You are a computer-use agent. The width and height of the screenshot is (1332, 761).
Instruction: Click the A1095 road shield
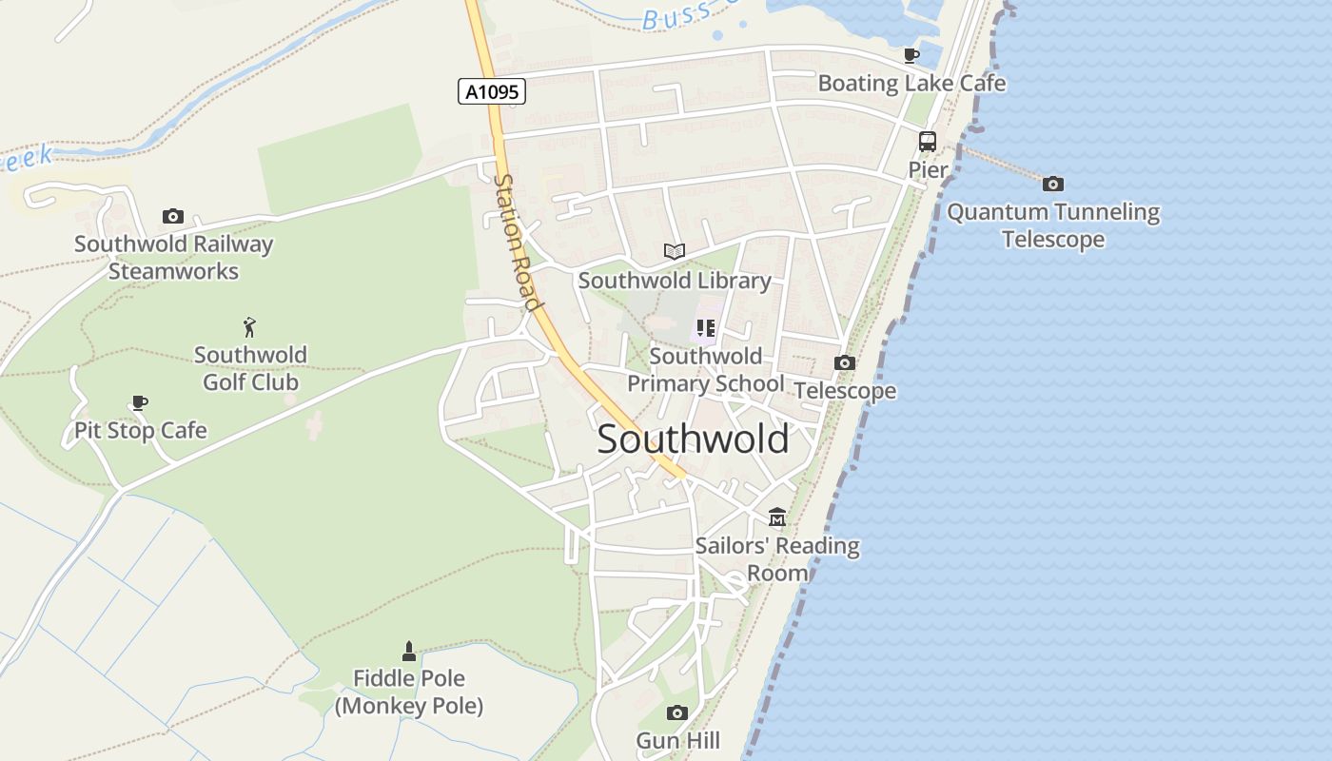click(492, 91)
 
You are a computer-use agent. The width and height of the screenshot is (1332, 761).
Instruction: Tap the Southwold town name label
click(693, 439)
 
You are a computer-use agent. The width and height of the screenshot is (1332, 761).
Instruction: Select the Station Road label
click(518, 243)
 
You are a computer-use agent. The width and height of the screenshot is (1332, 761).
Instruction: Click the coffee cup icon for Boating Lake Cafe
click(911, 55)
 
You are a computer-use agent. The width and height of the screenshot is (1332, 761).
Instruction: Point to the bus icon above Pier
click(927, 142)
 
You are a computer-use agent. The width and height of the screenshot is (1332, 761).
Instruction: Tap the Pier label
click(928, 170)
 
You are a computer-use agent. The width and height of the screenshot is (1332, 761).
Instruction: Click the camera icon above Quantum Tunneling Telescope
click(1052, 184)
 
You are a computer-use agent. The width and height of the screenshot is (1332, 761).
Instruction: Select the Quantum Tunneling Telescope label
click(1053, 225)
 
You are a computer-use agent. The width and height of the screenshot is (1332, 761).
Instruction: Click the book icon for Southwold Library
click(675, 251)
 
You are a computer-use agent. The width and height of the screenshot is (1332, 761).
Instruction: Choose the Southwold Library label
click(675, 281)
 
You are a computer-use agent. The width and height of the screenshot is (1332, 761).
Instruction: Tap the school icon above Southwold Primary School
click(705, 328)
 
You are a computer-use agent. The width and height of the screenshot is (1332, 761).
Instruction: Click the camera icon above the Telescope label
click(844, 362)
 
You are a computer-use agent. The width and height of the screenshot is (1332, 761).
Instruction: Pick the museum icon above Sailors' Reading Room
click(777, 517)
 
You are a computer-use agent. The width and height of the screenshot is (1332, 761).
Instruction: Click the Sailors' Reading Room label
click(777, 559)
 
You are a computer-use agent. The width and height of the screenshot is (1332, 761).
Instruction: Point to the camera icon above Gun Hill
click(677, 712)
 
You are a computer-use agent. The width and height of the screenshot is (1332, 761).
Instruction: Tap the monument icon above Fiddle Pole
click(409, 652)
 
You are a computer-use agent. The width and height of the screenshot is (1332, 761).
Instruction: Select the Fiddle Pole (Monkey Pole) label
click(409, 693)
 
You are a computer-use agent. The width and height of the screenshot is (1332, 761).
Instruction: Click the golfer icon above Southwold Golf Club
click(250, 327)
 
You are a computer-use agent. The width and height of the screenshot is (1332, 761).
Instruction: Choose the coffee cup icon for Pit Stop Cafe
click(140, 402)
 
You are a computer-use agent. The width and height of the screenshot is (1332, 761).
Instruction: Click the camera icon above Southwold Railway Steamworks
click(172, 216)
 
